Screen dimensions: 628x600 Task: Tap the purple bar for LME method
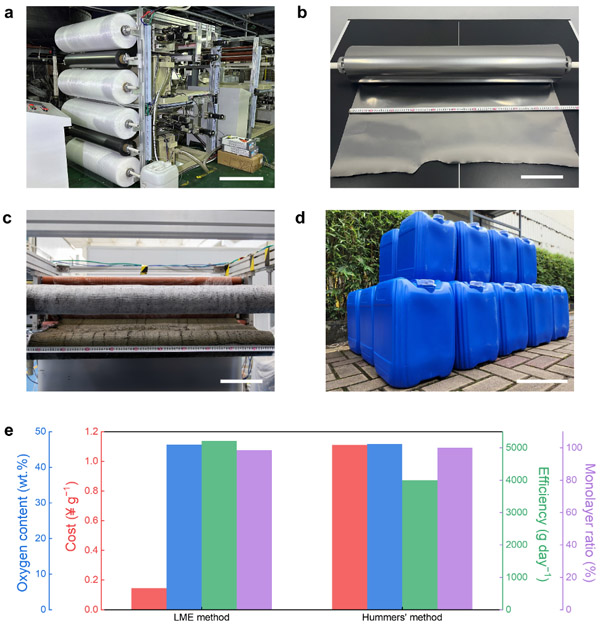pos(254,529)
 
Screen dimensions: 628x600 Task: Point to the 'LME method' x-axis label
pos(201,618)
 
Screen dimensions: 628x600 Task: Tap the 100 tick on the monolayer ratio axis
pos(573,448)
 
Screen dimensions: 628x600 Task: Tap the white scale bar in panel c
pos(241,381)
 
